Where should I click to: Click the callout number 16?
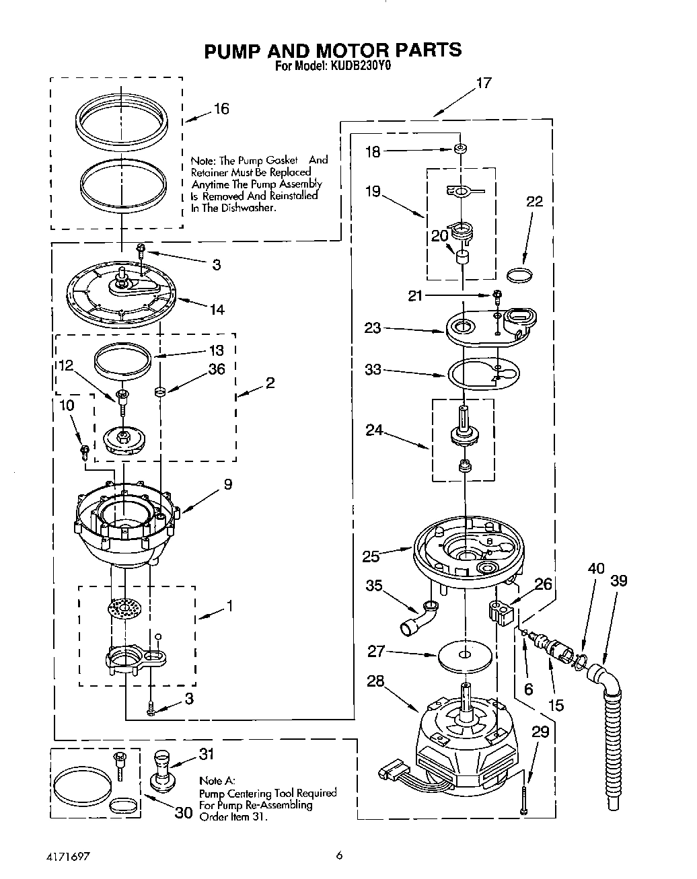(x=221, y=109)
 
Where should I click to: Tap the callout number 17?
(x=484, y=83)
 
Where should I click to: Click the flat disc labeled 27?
(x=465, y=655)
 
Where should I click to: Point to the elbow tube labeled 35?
(x=420, y=618)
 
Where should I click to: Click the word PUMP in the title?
(x=233, y=50)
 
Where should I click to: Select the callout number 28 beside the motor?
(x=375, y=681)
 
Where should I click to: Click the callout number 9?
(x=228, y=484)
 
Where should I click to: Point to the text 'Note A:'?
(x=217, y=781)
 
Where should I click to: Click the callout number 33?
(x=373, y=369)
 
